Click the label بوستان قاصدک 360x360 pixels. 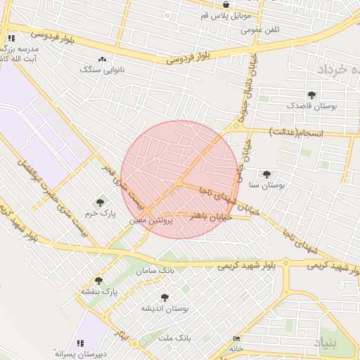pos(311,105)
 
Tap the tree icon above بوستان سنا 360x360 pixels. pos(266,174)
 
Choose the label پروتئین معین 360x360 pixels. pos(147,220)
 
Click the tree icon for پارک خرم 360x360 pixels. pos(99,202)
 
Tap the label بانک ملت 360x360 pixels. pos(175,338)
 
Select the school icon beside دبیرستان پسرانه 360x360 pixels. pos(79,343)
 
